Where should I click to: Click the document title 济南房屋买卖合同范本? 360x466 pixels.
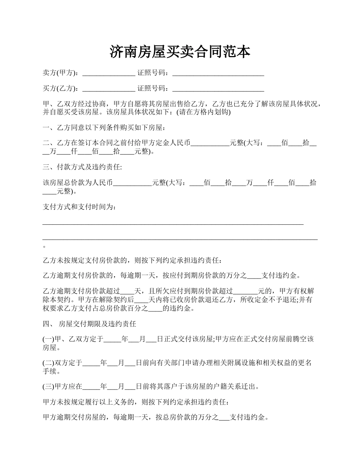[x=180, y=52]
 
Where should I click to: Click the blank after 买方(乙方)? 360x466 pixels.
[x=108, y=89]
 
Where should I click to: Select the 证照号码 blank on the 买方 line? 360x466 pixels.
[x=218, y=89]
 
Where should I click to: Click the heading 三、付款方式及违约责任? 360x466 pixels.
[x=82, y=167]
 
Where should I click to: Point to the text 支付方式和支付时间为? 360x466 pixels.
[x=79, y=207]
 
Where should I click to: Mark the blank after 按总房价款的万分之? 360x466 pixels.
[x=224, y=419]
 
